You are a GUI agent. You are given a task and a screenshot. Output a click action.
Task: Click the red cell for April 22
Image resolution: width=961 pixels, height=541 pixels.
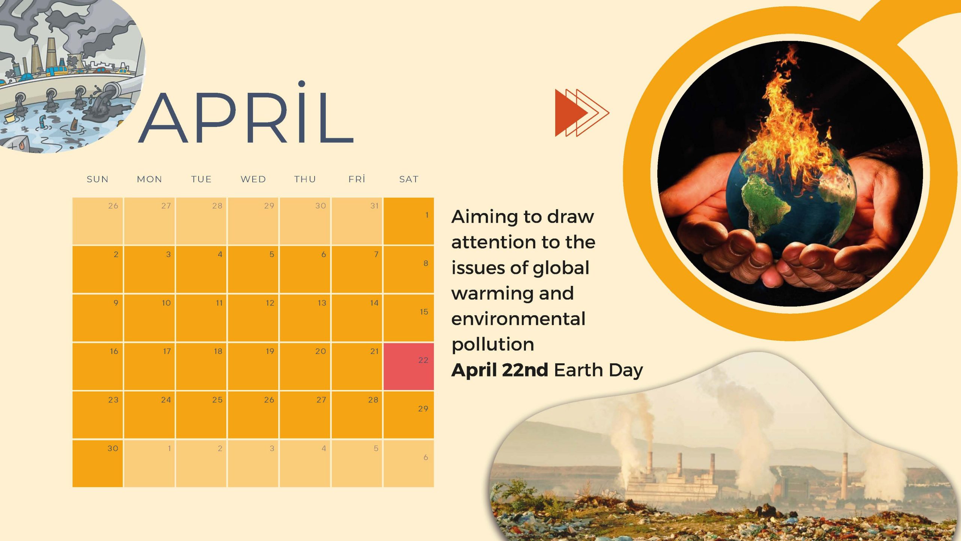[x=408, y=366]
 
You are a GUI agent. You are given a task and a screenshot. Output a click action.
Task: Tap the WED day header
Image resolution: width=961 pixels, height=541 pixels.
[x=253, y=179]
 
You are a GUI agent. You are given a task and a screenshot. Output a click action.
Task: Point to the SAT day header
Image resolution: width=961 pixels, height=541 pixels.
[x=409, y=179]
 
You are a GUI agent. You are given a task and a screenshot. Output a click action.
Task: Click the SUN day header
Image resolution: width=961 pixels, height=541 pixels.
[x=98, y=179]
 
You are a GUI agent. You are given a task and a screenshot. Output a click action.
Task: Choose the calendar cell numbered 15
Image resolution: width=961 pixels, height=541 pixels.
[x=408, y=318]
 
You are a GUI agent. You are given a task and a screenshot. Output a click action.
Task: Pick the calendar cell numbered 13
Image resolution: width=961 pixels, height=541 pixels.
[x=305, y=318]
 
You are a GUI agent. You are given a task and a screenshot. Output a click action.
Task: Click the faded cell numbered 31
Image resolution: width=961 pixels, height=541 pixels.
[x=357, y=221]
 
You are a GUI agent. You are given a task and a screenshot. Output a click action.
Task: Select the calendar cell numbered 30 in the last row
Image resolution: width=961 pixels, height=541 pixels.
[x=98, y=463]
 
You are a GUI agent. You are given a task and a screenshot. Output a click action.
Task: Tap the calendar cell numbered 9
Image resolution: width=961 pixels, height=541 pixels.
[x=98, y=318]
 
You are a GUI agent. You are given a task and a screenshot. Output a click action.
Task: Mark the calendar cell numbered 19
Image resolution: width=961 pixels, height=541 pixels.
[x=253, y=366]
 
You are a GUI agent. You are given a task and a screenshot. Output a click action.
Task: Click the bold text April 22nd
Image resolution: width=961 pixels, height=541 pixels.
[x=500, y=370]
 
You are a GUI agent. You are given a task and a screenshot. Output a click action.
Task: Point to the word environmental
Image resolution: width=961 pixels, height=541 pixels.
[x=518, y=319]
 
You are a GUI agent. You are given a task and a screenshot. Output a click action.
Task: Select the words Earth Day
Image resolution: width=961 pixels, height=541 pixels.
[x=598, y=370]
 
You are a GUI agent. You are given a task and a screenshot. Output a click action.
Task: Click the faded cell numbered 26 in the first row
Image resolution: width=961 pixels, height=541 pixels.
[x=98, y=221]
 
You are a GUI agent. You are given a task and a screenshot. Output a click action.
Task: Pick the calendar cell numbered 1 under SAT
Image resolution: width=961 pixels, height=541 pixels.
[x=408, y=221]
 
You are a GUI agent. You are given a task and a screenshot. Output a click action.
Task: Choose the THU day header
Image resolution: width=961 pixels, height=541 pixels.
[x=305, y=179]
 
